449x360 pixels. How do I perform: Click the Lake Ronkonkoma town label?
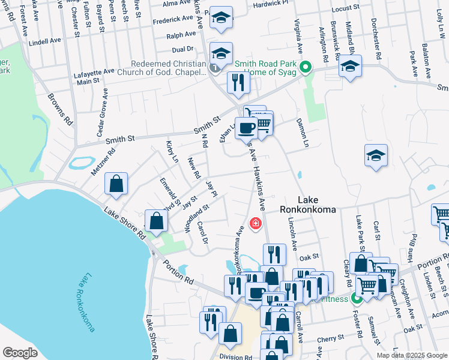pyautogui.click(x=308, y=205)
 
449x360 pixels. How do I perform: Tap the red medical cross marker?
pyautogui.click(x=256, y=223)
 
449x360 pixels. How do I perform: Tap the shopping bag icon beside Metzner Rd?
pyautogui.click(x=116, y=185)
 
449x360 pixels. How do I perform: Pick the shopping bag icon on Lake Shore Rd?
pyautogui.click(x=156, y=220)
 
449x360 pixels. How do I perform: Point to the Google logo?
pyautogui.click(x=20, y=353)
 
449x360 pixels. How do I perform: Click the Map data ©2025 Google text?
pyautogui.click(x=411, y=355)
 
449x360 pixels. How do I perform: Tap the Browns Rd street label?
pyautogui.click(x=61, y=108)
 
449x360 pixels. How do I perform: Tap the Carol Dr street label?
pyautogui.click(x=202, y=232)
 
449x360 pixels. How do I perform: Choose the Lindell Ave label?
pyautogui.click(x=45, y=41)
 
